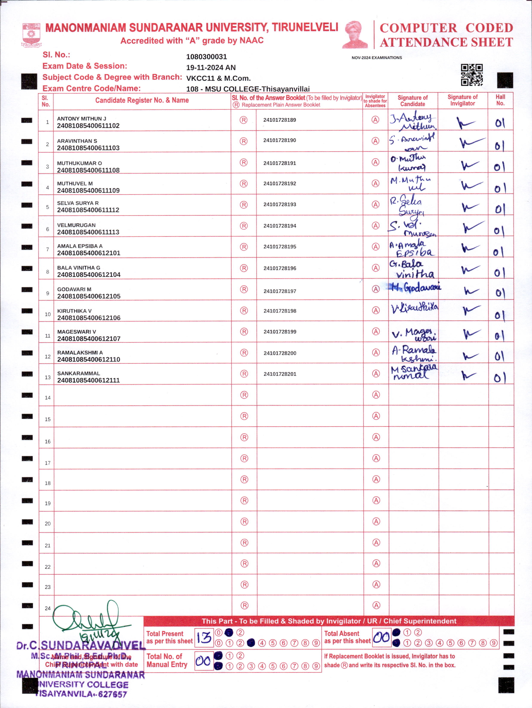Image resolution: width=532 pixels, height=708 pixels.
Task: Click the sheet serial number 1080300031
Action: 206,57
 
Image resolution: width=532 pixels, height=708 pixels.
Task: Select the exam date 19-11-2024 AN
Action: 211,68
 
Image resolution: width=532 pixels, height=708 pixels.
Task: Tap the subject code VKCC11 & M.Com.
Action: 218,78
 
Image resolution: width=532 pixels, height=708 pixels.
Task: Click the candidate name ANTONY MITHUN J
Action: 81,119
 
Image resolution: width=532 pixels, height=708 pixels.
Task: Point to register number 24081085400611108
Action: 88,170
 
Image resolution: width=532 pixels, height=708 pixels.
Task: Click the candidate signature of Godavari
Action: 415,287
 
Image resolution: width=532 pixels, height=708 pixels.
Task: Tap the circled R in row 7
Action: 244,247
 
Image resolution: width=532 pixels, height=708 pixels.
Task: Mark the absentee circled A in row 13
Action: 376,374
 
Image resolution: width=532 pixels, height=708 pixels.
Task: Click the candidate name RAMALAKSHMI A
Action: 80,353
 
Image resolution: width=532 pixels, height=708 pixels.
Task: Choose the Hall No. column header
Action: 500,100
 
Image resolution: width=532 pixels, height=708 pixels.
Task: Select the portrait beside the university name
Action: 355,35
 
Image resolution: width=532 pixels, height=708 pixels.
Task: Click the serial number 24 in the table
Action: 48,608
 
